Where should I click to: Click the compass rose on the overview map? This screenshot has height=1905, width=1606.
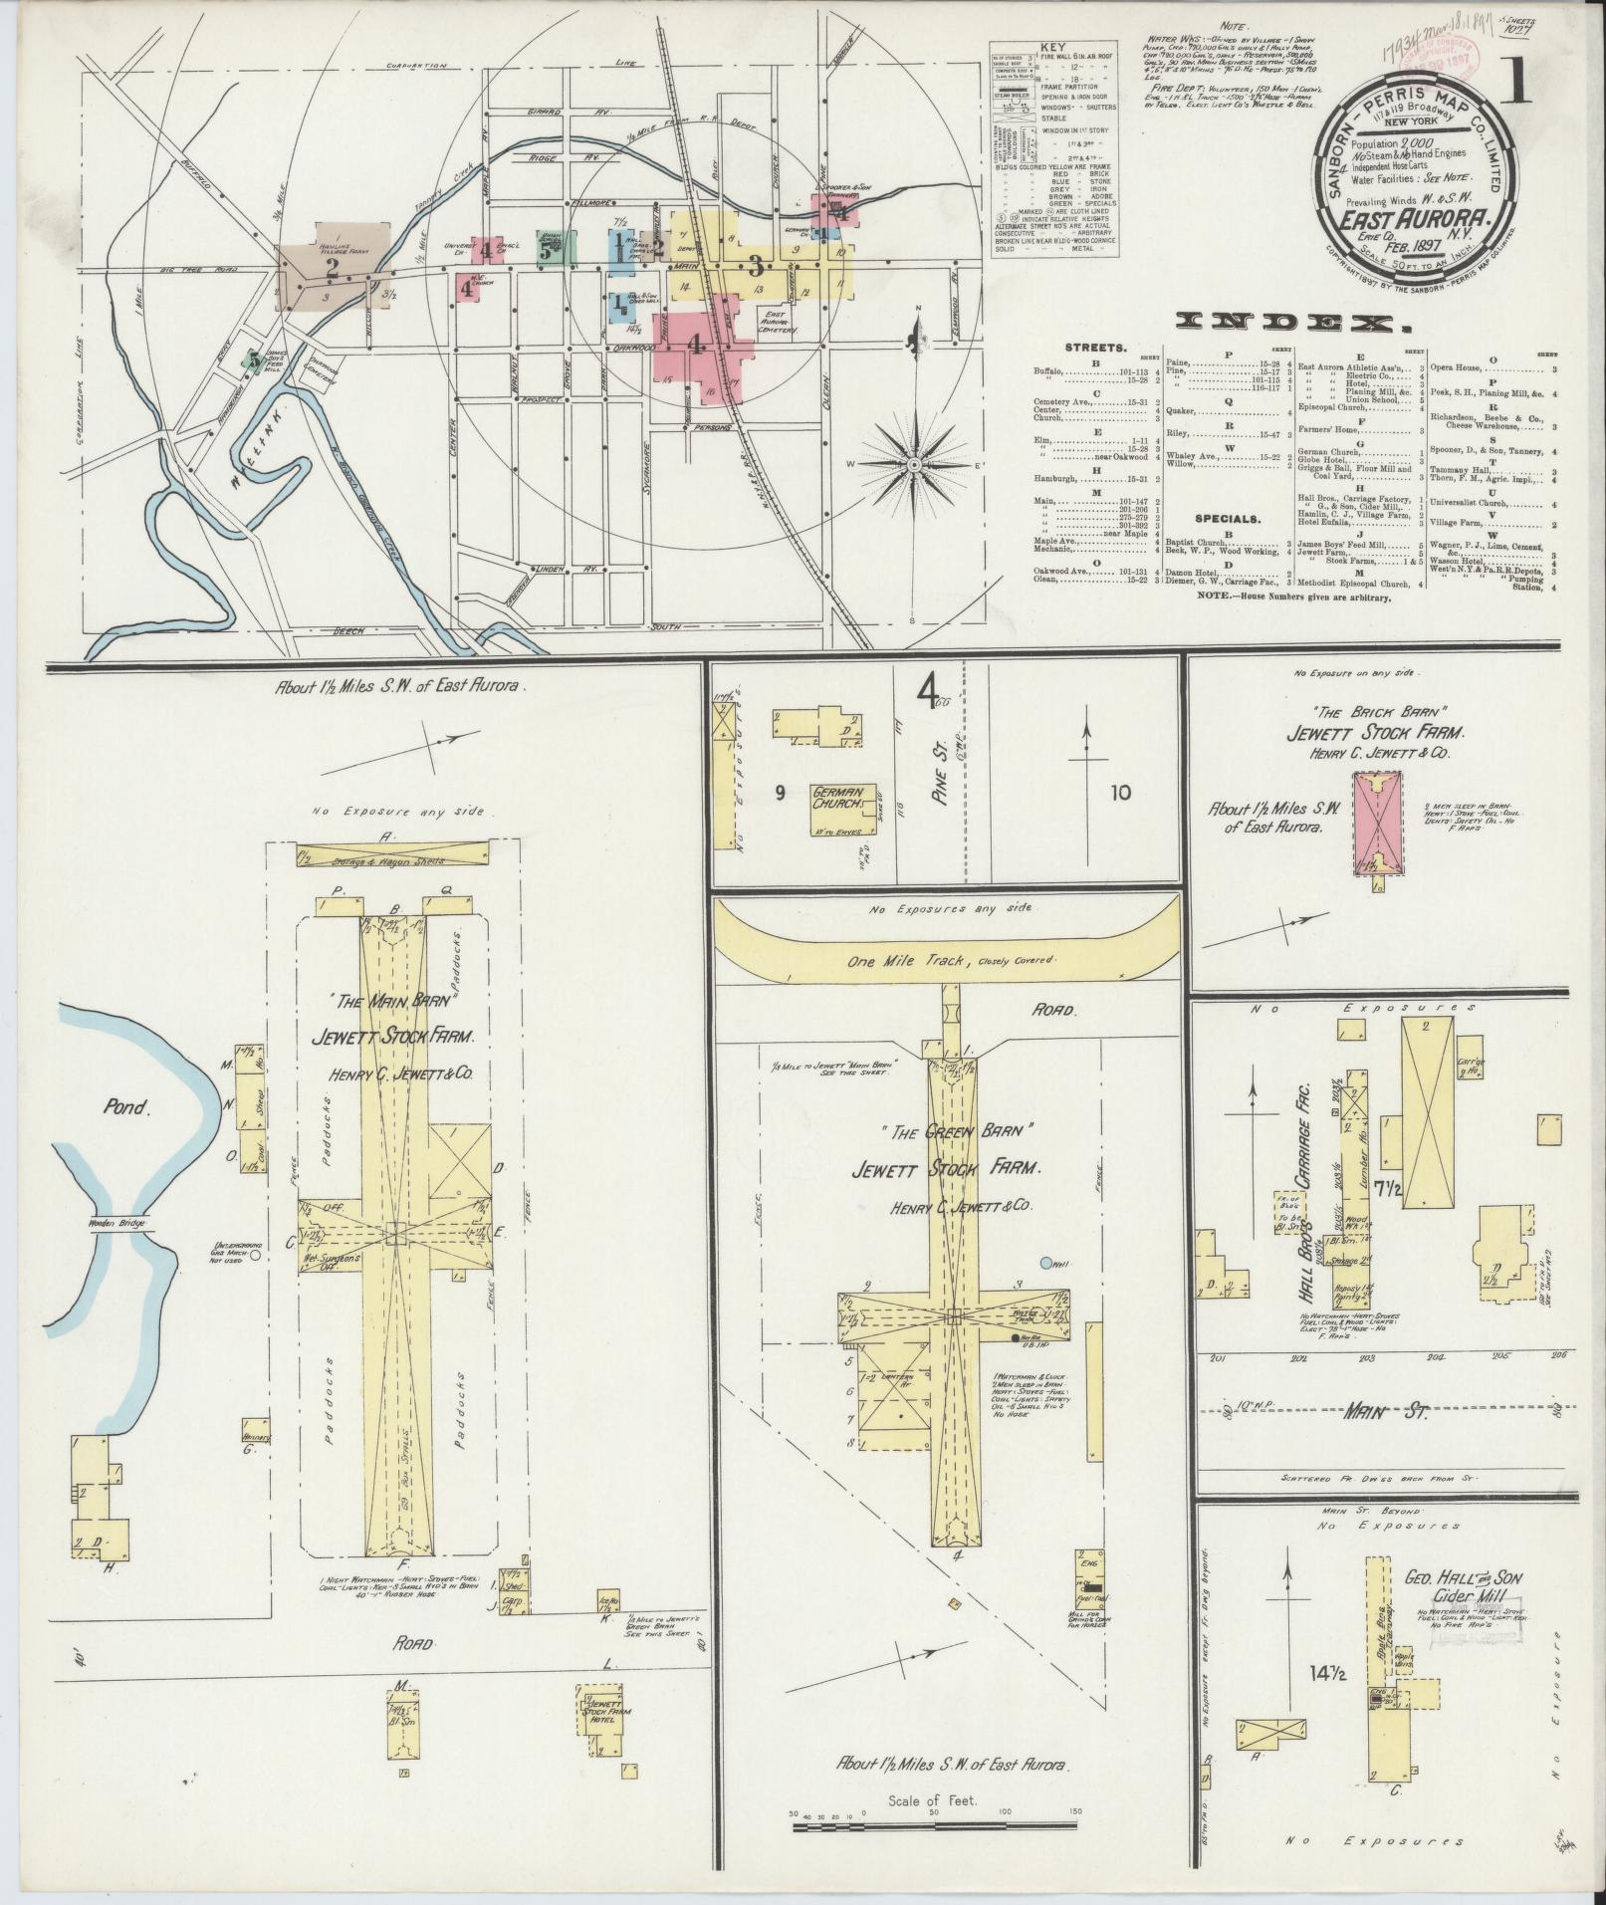pos(913,464)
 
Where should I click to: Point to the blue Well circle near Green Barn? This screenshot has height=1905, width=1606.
pos(1046,1264)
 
